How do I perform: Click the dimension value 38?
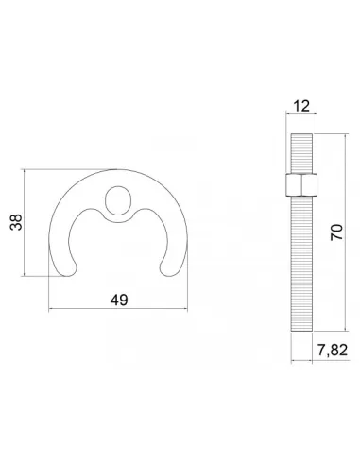tap(16, 222)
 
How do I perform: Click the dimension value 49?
tap(119, 301)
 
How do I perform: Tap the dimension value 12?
tap(301, 106)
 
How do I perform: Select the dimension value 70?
tap(336, 232)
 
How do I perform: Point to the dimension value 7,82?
tap(333, 350)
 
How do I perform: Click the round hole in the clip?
tap(118, 200)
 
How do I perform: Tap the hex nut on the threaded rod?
tap(301, 184)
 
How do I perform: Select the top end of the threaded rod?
tap(301, 134)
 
